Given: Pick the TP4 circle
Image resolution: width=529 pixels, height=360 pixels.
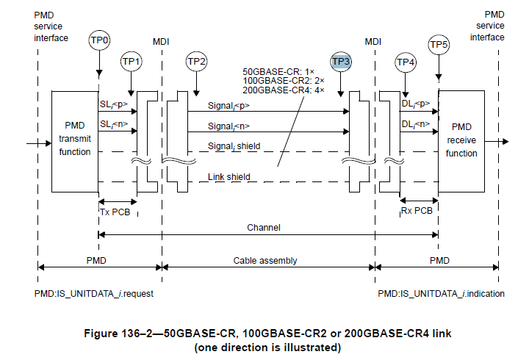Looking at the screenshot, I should point(406,63).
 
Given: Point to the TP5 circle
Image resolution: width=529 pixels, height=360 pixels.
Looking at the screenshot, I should point(439,46).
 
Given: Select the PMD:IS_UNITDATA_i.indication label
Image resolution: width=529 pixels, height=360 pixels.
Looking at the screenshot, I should point(441,293).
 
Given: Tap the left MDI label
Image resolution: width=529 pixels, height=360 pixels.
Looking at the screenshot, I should point(161,41).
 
